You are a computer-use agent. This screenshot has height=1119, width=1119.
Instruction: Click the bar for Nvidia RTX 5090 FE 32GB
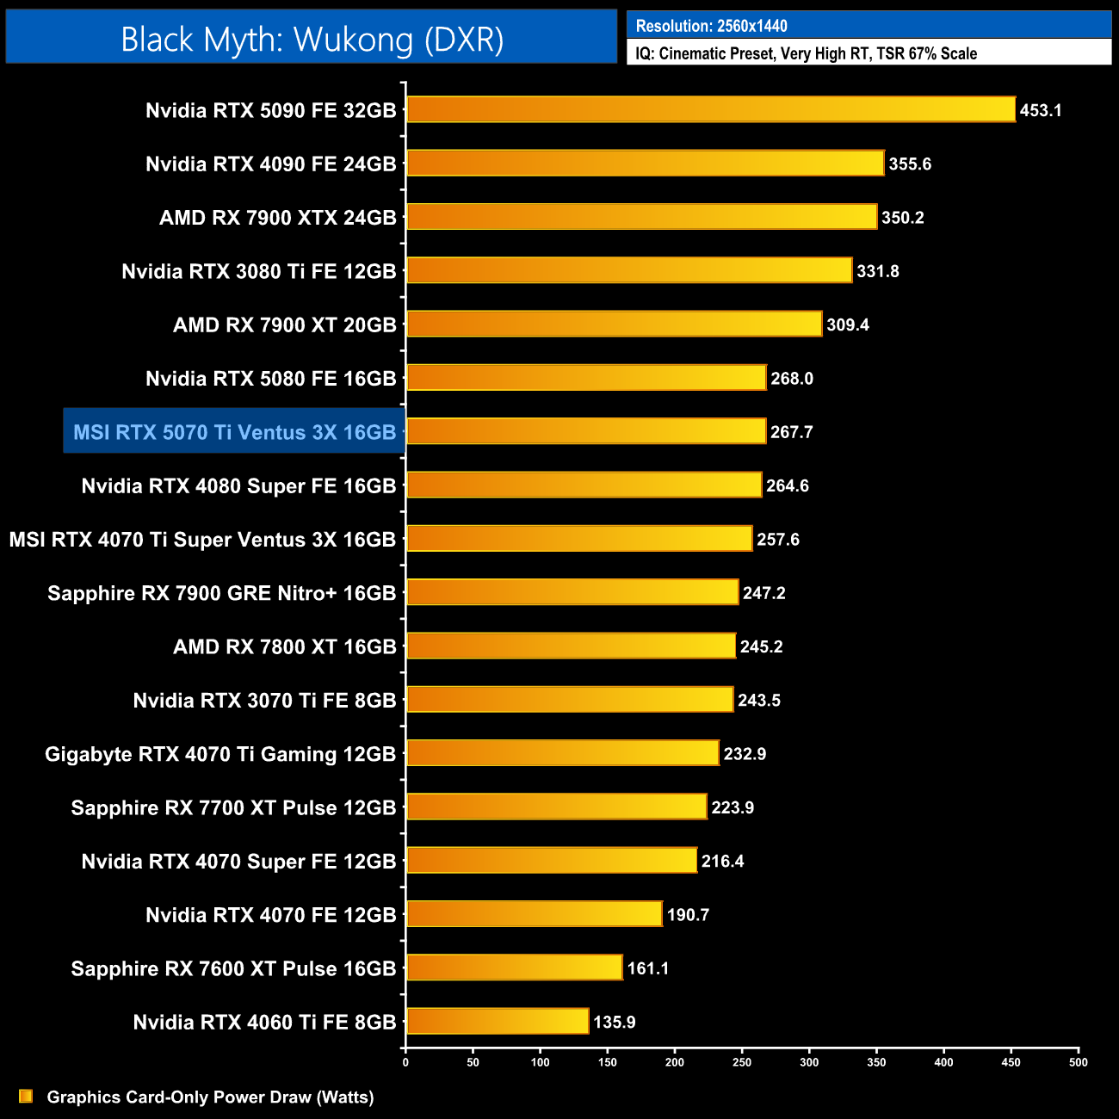click(x=710, y=109)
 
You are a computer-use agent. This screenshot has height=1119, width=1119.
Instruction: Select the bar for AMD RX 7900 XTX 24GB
click(x=641, y=217)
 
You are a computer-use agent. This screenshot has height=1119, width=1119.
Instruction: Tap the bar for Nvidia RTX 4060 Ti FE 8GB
click(x=498, y=1022)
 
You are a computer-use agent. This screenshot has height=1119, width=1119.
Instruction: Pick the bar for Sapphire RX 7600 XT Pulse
click(x=514, y=968)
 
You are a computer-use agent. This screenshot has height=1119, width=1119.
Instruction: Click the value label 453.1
click(x=1041, y=110)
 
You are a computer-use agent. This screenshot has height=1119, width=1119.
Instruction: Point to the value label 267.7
click(x=792, y=432)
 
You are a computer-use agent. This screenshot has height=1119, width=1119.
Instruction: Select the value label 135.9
click(x=615, y=1023)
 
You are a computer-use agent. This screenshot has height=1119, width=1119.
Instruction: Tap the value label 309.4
click(x=848, y=325)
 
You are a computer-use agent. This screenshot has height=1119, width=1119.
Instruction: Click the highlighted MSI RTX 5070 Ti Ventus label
click(x=234, y=432)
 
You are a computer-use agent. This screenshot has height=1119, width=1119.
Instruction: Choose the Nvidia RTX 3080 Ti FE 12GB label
click(x=259, y=272)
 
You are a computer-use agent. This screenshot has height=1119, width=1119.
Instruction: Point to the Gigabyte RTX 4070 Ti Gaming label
click(x=220, y=754)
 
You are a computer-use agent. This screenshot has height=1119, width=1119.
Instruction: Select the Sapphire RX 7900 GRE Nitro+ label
click(x=222, y=593)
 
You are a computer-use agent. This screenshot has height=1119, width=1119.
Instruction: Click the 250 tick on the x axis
click(x=742, y=1062)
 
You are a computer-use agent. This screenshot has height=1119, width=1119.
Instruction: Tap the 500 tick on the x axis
click(x=1078, y=1062)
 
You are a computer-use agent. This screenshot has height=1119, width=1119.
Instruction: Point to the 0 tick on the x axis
click(x=405, y=1062)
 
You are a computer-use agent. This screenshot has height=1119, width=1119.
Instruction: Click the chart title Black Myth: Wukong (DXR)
click(x=312, y=40)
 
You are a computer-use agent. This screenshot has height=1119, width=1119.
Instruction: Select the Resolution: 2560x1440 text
click(x=711, y=26)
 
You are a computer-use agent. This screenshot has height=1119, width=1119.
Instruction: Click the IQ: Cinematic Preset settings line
click(x=806, y=53)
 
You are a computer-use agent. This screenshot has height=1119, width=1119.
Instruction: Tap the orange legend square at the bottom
click(x=26, y=1097)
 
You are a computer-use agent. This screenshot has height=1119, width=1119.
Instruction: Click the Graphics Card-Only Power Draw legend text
click(x=210, y=1097)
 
